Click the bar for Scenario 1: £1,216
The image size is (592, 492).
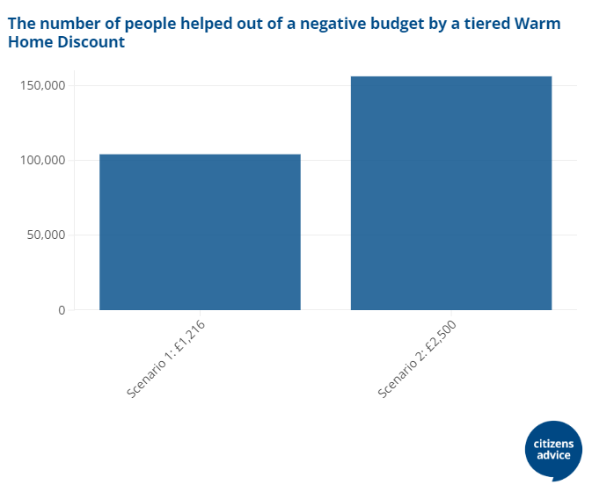[x=200, y=232]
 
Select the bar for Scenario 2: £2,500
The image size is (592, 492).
[x=451, y=193]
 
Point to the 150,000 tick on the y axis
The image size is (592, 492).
[x=42, y=85]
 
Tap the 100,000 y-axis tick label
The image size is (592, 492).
[x=42, y=160]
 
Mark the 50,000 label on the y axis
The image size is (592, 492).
[x=46, y=235]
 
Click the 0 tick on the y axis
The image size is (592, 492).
[x=61, y=309]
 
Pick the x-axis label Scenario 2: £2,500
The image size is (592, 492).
[x=417, y=359]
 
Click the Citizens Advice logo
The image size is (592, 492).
[x=554, y=450]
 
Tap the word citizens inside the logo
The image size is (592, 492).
[x=554, y=444]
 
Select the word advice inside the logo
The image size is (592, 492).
[x=554, y=456]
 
